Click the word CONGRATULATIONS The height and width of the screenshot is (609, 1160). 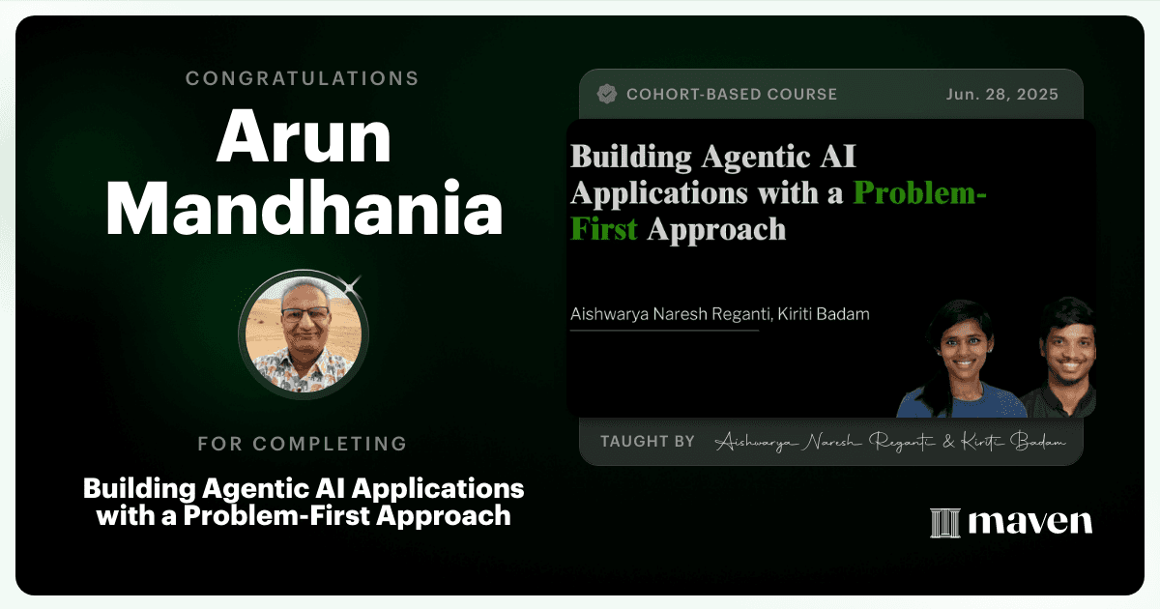pos(303,78)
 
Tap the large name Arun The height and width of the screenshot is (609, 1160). pos(304,137)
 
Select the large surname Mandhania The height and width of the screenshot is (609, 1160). pos(304,208)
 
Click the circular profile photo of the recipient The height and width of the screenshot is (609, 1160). pos(304,334)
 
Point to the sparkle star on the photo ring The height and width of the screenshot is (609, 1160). pos(352,286)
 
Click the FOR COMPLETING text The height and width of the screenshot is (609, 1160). pos(303,444)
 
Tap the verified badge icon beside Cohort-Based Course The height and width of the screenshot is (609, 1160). pos(607,95)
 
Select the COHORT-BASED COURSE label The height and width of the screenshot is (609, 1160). pos(732,95)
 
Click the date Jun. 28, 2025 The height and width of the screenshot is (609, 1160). pos(1002,95)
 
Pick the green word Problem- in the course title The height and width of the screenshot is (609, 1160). pos(919,192)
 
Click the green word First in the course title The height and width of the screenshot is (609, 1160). pos(604,229)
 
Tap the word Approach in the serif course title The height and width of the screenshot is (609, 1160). pos(716,230)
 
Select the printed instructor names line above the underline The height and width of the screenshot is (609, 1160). pos(720,314)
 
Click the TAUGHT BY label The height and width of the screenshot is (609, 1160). pos(648,441)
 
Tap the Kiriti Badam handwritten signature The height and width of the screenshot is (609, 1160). pos(1013,442)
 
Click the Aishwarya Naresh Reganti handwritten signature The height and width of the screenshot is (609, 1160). pos(826,443)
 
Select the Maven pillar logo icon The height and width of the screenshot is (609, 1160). pos(945,523)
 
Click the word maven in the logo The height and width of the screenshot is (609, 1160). pos(1030,522)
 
